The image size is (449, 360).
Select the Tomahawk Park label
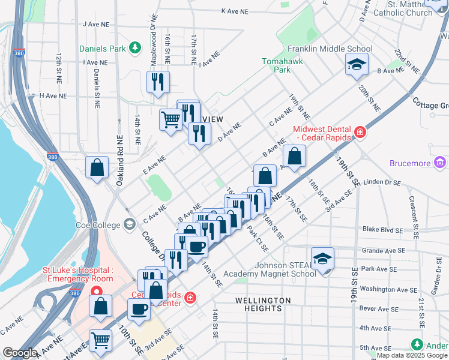[276, 65]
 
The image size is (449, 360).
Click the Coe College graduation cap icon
[129, 224]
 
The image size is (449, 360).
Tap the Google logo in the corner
[20, 353]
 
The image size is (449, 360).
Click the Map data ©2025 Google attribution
[411, 355]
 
